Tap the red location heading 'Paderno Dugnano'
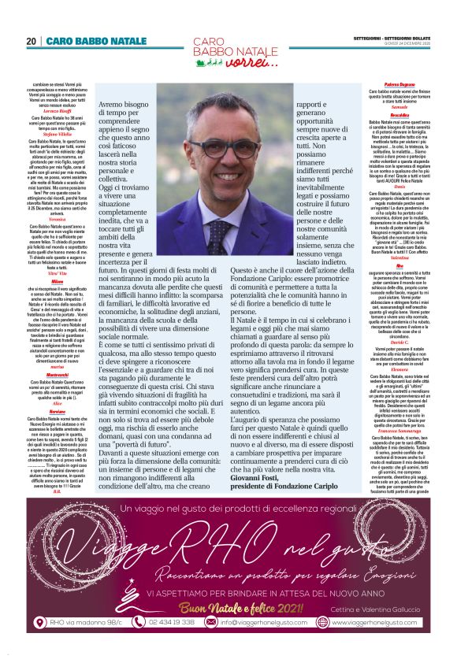401,83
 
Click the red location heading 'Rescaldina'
401,114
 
